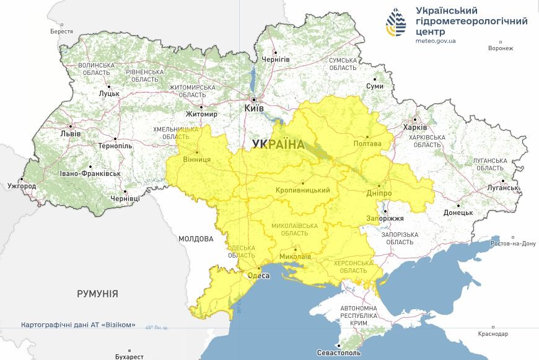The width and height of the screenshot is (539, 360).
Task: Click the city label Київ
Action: (255, 108)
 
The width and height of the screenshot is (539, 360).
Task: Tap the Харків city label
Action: (414, 128)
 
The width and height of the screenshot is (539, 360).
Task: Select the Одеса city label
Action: (258, 276)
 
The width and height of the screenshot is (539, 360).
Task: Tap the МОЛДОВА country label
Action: (196, 239)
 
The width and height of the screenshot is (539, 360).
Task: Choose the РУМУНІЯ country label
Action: (97, 293)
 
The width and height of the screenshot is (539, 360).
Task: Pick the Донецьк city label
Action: (458, 213)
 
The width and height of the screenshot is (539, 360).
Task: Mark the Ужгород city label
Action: (22, 186)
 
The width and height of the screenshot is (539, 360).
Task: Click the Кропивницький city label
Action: (302, 190)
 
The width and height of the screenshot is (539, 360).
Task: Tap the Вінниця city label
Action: (198, 159)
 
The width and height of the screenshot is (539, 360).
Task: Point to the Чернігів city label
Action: (276, 59)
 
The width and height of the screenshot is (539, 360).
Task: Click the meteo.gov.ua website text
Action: (436, 41)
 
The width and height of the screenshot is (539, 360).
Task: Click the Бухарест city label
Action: (129, 356)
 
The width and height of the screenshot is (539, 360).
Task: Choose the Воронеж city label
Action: (501, 48)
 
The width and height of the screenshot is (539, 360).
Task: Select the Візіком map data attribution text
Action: (78, 325)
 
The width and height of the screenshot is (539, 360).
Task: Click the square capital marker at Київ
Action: (254, 99)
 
